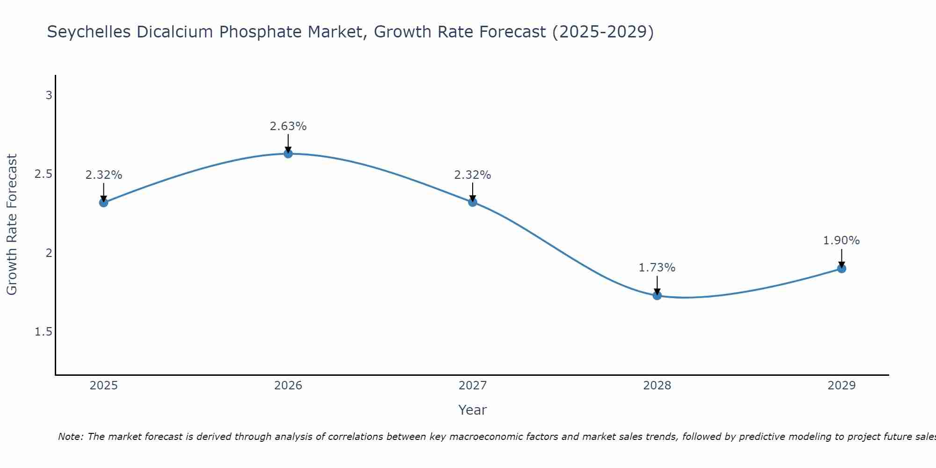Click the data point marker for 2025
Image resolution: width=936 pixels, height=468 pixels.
point(103,203)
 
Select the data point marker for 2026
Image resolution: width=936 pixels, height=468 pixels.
point(288,154)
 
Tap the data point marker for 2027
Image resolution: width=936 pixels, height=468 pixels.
point(473,202)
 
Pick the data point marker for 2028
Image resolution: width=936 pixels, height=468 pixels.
point(657,295)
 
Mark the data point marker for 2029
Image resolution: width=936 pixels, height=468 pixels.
point(841,269)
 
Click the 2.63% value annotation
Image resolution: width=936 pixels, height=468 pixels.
point(288,126)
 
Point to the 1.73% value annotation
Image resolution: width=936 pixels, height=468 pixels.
point(657,268)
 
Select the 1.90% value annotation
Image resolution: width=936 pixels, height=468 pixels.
point(841,241)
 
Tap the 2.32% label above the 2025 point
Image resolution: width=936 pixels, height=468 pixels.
point(103,175)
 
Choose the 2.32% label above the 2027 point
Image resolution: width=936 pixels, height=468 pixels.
point(473,175)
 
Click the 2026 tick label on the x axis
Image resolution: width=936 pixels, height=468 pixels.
point(288,386)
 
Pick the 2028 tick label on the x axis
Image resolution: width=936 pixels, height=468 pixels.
point(657,386)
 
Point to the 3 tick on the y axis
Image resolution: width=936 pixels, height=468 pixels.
point(49,95)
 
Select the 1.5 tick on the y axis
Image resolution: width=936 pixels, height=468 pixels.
point(44,332)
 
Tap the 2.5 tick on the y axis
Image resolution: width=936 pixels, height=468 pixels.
point(44,174)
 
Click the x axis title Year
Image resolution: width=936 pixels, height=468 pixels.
point(473,410)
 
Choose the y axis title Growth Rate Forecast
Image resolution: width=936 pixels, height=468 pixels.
point(12,225)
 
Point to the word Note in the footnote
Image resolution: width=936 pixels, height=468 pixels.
point(70,437)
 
